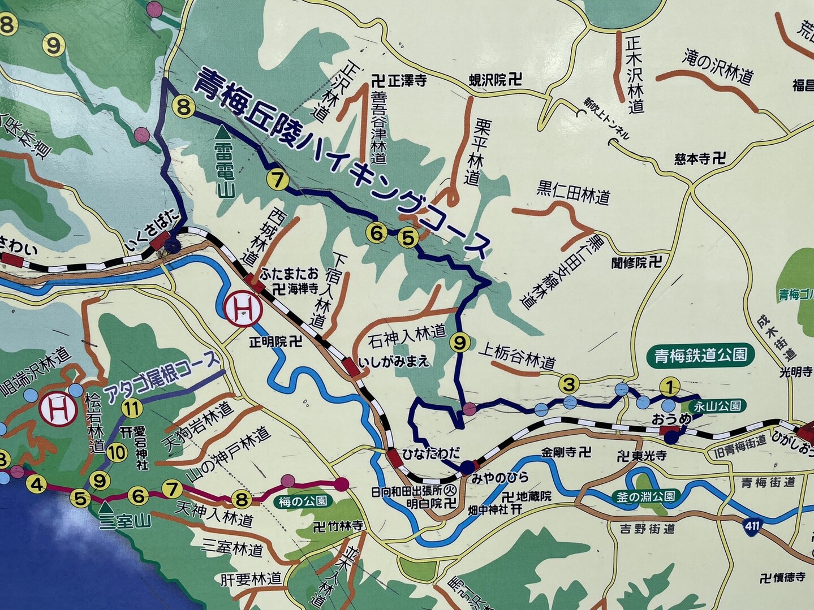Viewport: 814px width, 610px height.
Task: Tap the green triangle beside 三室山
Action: point(105,507)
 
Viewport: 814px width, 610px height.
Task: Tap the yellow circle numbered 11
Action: point(132,407)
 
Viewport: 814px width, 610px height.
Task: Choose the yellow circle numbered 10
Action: point(116,452)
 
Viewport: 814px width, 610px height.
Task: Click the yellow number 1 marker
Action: point(669,387)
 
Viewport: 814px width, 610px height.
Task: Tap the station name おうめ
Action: point(679,419)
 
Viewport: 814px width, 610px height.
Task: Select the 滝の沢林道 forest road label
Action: point(718,66)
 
